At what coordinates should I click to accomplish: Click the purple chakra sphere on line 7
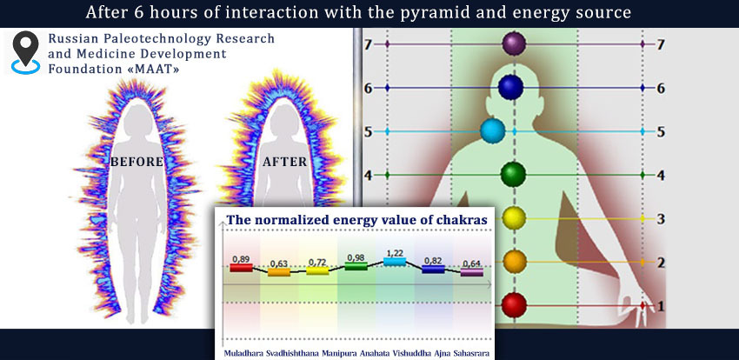pos(514,43)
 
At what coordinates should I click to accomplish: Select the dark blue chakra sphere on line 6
pos(511,88)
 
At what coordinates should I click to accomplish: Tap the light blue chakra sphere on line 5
pos(493,131)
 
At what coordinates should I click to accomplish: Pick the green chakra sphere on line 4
pos(513,174)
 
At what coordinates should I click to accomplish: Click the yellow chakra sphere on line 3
pos(514,218)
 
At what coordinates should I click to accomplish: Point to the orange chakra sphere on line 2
pos(514,262)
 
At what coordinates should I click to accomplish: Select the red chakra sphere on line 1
pos(514,305)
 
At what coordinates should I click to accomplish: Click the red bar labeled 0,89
pos(241,268)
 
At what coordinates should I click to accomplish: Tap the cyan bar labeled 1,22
pos(395,262)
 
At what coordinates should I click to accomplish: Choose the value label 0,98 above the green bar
pos(356,257)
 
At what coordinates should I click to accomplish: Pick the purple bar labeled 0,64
pos(472,272)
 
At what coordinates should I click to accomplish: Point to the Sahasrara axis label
pos(471,353)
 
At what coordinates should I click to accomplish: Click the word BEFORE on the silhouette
pos(136,162)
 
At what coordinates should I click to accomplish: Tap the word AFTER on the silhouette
pos(284,162)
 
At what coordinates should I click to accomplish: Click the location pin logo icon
pos(26,52)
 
